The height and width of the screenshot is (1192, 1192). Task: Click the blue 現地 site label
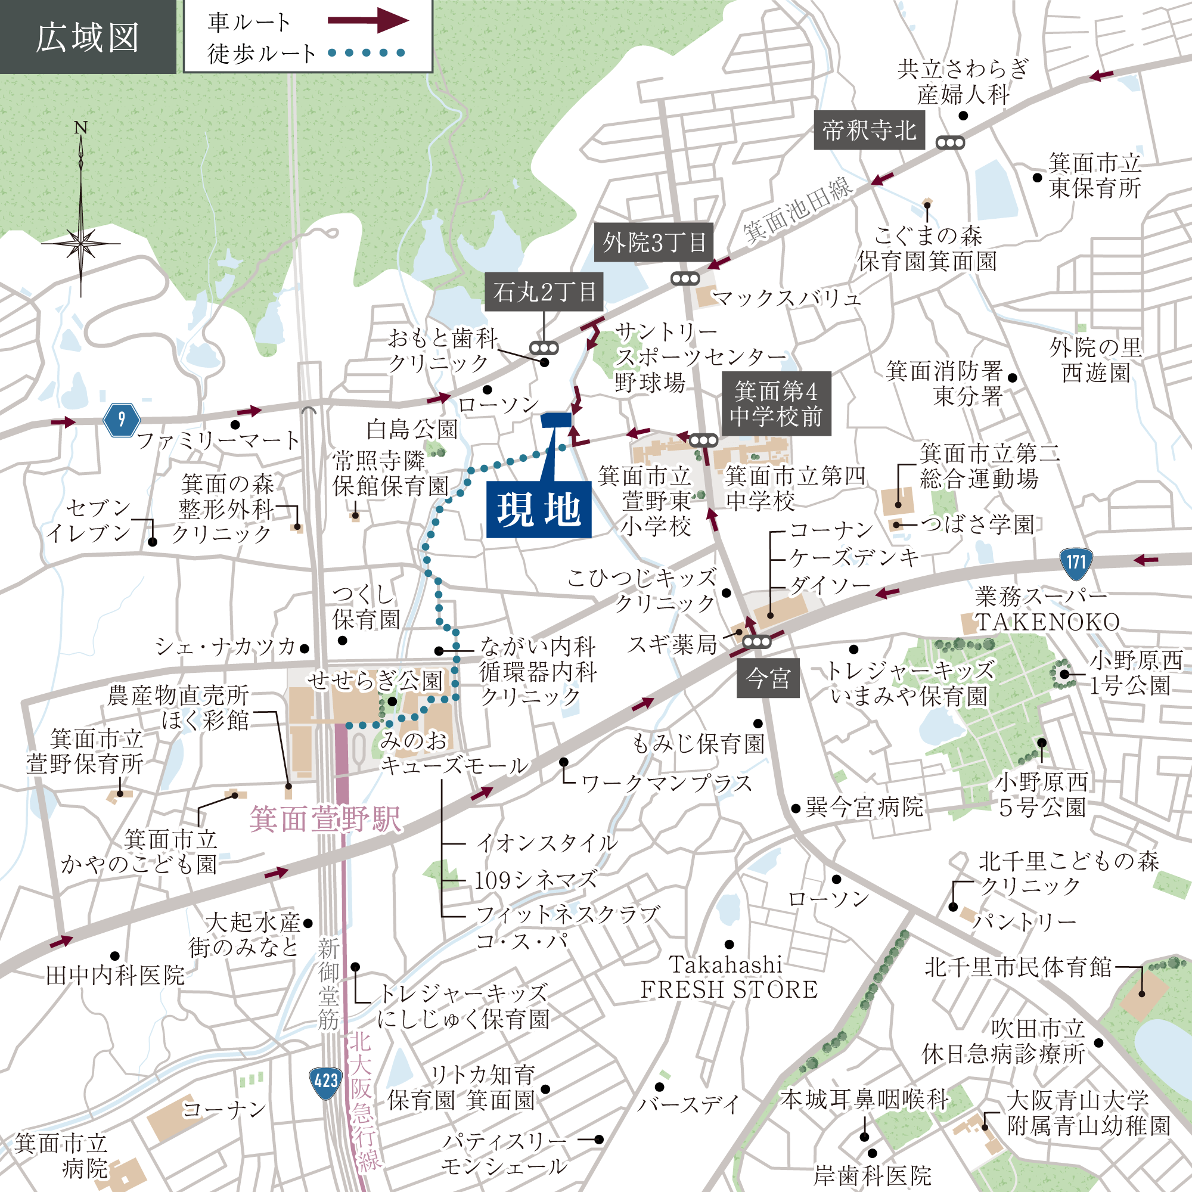[x=538, y=510]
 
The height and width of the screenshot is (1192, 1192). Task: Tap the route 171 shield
[x=1075, y=562]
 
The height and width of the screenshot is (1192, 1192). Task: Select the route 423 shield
[x=326, y=1081]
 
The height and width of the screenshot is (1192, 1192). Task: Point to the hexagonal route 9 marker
[x=121, y=420]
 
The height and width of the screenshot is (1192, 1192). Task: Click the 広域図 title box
[x=88, y=37]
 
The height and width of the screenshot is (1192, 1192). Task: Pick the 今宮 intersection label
[x=768, y=679]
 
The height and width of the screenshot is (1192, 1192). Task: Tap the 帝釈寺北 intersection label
[x=869, y=130]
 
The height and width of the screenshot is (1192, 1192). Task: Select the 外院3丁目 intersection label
[x=654, y=243]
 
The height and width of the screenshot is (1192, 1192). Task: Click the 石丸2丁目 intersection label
[x=544, y=291]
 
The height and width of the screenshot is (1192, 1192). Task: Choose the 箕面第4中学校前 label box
[x=775, y=403]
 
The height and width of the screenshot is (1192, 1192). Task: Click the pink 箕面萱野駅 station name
[x=325, y=819]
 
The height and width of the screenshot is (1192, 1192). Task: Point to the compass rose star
[x=81, y=243]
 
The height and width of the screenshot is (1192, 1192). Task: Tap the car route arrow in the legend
[x=368, y=20]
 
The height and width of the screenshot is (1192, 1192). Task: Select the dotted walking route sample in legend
[x=366, y=53]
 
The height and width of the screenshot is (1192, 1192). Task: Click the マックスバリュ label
[x=786, y=299]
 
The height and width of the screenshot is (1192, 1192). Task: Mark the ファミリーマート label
[x=218, y=440]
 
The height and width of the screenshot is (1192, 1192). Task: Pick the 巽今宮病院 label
[x=864, y=807]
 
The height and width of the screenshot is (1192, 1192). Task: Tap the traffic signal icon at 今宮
[x=756, y=642]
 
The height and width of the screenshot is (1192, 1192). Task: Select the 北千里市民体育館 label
[x=1017, y=967]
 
